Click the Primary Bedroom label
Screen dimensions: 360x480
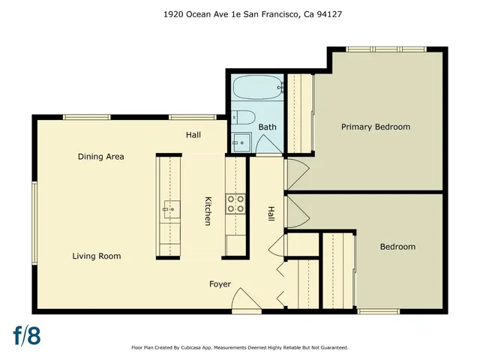(376, 127)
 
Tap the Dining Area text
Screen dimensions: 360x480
(100, 157)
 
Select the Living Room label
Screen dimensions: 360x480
(96, 256)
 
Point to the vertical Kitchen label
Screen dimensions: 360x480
(208, 211)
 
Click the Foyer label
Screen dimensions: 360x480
(220, 284)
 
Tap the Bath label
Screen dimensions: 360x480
(267, 127)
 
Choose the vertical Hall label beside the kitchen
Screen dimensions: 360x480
(271, 214)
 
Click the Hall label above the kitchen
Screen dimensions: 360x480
(193, 135)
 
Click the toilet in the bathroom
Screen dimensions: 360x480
(241, 116)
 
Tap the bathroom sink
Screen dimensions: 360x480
(241, 141)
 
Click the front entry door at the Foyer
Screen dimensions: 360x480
(244, 301)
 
